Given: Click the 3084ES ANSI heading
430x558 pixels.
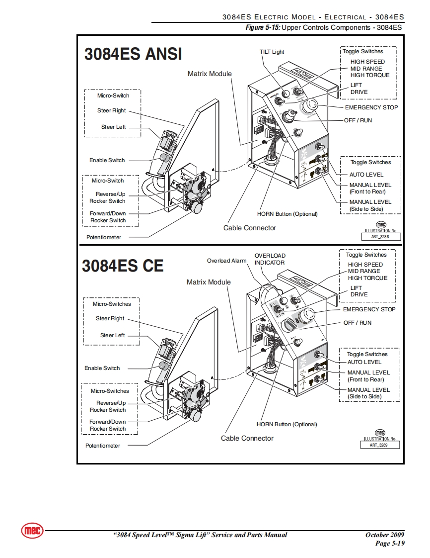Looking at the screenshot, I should (133, 54).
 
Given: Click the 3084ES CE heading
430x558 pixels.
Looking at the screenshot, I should (123, 266).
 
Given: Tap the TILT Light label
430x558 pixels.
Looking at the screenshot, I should (272, 52).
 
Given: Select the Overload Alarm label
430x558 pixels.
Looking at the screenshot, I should (226, 261).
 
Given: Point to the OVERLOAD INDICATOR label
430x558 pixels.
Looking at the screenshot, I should (270, 259).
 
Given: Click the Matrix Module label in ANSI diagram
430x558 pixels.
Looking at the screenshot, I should (210, 74).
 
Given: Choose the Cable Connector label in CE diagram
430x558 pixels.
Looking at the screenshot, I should (247, 438).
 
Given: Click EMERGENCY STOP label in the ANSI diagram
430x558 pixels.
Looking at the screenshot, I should (371, 107).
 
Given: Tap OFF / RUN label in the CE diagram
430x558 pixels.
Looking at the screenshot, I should (358, 323).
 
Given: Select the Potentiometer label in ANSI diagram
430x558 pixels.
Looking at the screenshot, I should (104, 237).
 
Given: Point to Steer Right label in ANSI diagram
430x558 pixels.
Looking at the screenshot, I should (112, 110).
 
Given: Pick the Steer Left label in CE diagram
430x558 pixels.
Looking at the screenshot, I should (113, 335).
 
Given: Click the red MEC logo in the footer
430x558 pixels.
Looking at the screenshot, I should (32, 531).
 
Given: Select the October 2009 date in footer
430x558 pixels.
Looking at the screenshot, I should (385, 535).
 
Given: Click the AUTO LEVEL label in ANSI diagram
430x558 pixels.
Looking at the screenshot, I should (366, 175).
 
